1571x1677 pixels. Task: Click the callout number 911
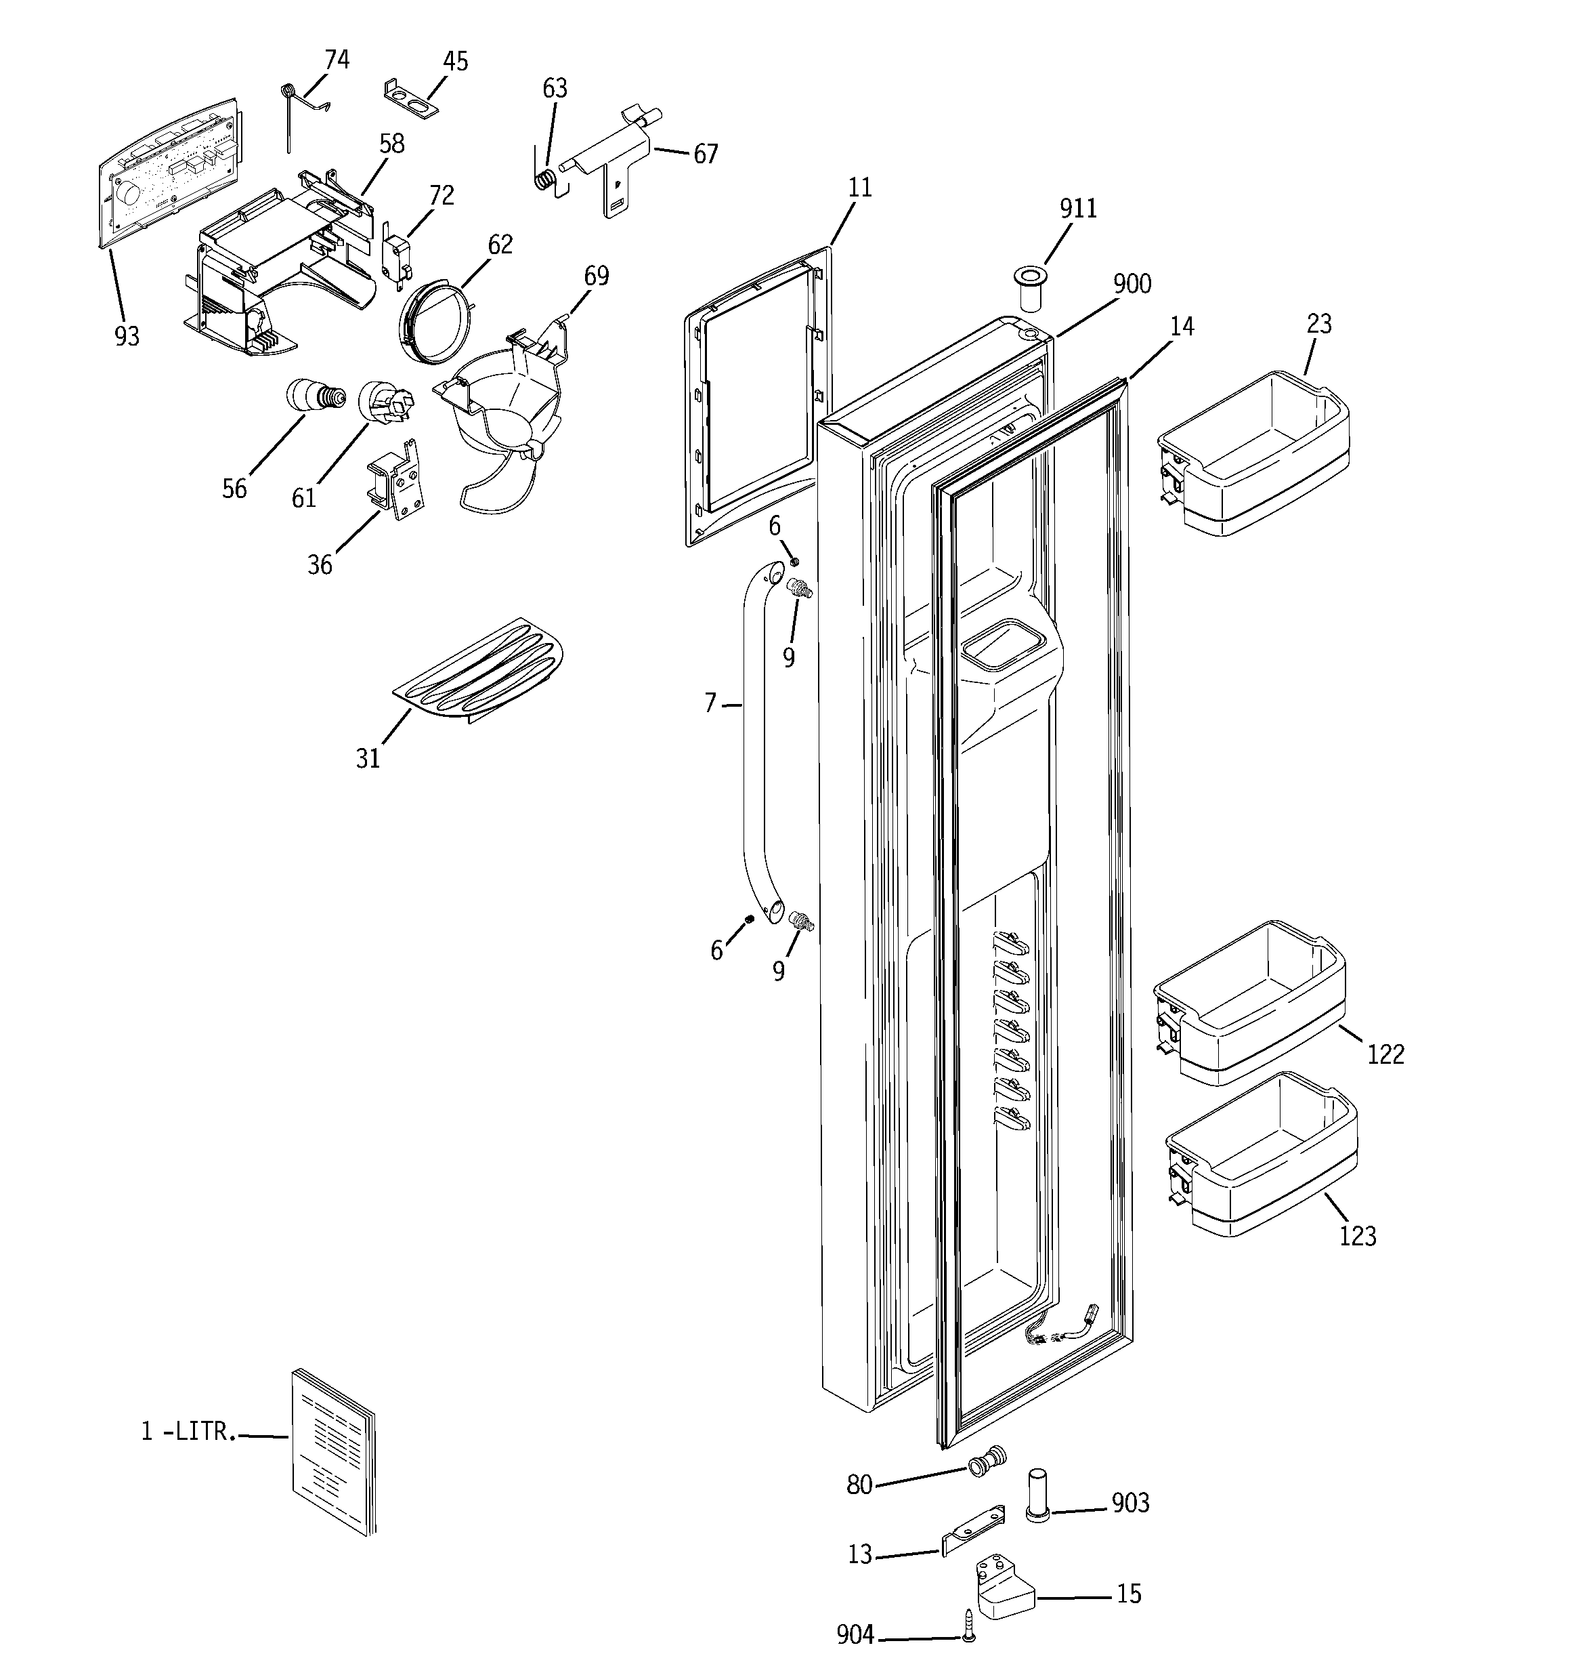(x=1077, y=209)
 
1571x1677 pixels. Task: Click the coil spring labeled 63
(x=546, y=180)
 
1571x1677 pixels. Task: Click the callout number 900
(x=1132, y=285)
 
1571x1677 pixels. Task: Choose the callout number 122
(x=1385, y=1054)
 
